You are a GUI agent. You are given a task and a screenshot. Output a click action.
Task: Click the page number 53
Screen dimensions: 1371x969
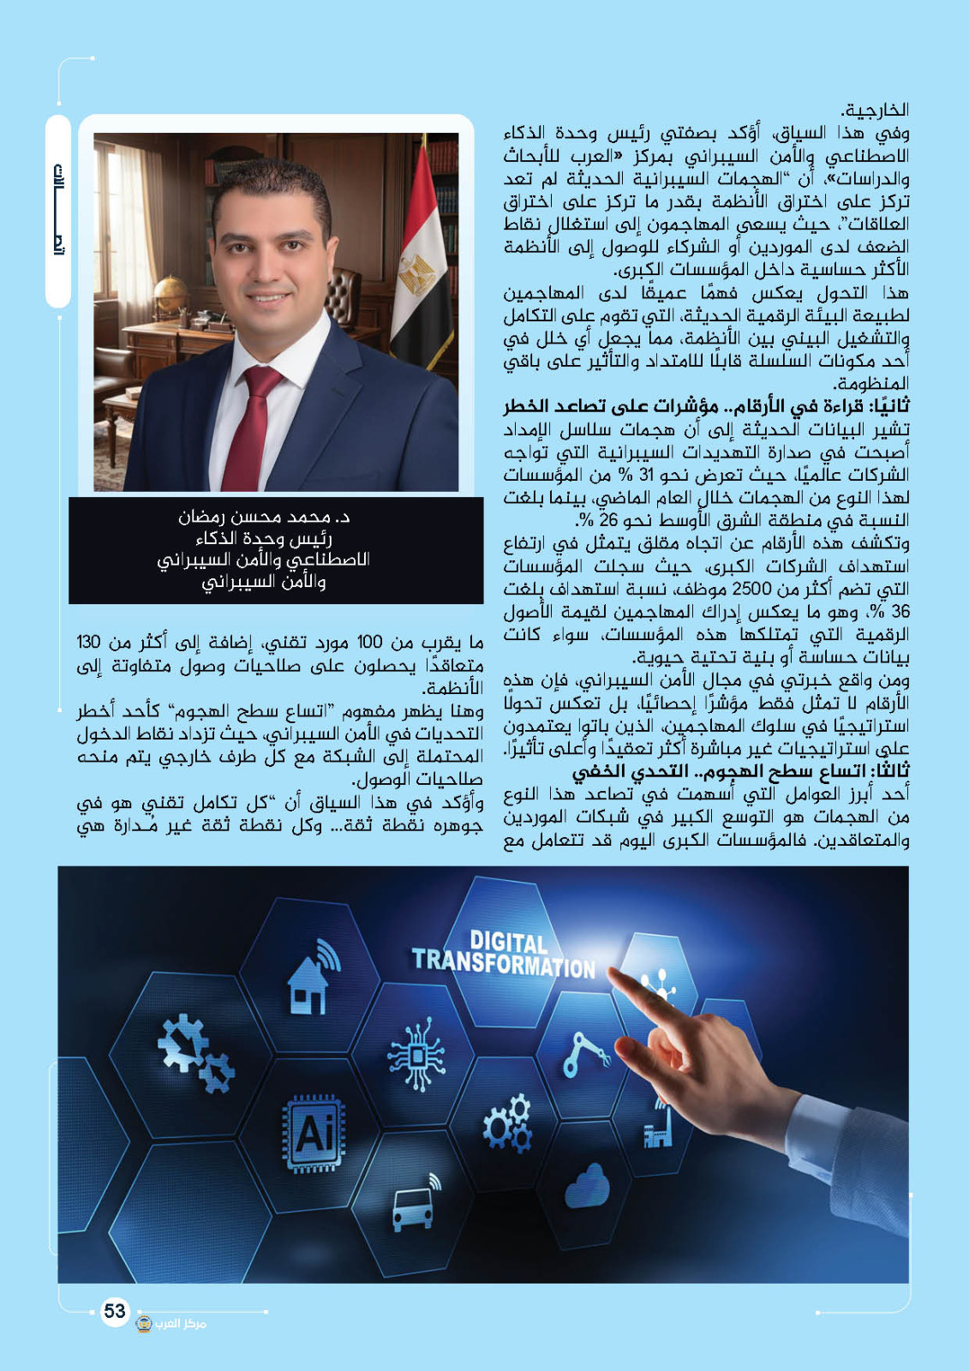114,1311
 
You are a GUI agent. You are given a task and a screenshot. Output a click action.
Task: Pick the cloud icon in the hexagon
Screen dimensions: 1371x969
587,1187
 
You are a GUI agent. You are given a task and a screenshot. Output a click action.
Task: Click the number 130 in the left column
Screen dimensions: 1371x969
90,643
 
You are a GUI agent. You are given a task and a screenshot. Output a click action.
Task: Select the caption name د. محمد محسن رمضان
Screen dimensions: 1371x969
264,518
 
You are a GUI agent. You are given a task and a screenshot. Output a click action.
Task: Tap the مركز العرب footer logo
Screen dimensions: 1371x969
172,1323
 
